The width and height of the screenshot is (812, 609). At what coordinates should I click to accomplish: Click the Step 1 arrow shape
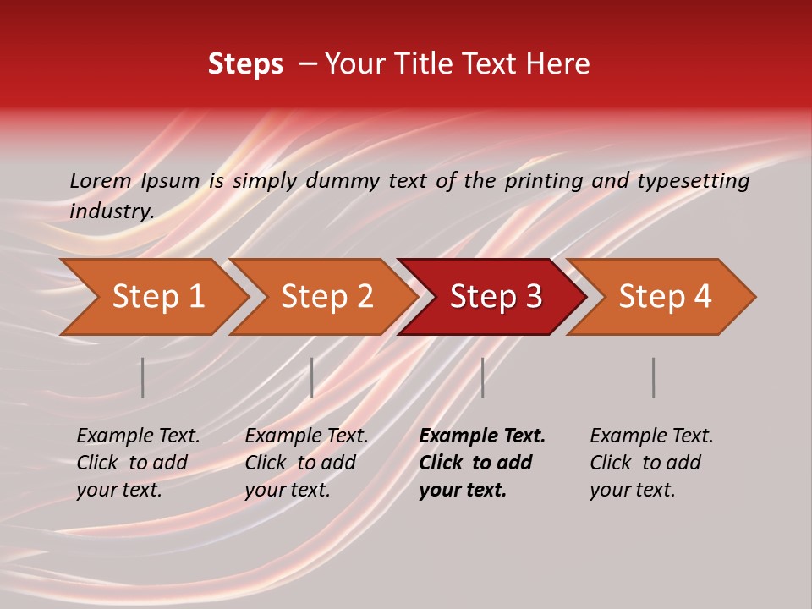pyautogui.click(x=157, y=297)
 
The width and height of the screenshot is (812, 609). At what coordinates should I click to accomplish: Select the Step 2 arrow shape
pyautogui.click(x=326, y=297)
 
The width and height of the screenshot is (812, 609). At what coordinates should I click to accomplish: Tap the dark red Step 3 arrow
pyautogui.click(x=495, y=297)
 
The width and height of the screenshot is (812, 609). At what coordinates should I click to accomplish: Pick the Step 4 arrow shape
pyautogui.click(x=664, y=297)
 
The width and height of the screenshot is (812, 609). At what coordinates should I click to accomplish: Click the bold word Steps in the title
pyautogui.click(x=245, y=64)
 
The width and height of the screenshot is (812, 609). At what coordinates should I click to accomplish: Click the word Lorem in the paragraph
pyautogui.click(x=100, y=181)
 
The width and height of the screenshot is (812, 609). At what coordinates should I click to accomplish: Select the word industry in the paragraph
pyautogui.click(x=111, y=211)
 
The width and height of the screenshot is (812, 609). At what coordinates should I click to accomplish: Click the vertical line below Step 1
pyautogui.click(x=142, y=377)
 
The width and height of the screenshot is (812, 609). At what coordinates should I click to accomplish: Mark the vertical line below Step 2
pyautogui.click(x=312, y=377)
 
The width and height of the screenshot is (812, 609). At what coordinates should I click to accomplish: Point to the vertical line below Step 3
pyautogui.click(x=482, y=377)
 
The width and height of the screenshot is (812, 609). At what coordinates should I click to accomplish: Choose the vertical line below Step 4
pyautogui.click(x=653, y=377)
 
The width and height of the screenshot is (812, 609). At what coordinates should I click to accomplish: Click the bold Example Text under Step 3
pyautogui.click(x=482, y=436)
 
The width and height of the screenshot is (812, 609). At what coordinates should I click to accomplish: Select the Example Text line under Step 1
pyautogui.click(x=138, y=436)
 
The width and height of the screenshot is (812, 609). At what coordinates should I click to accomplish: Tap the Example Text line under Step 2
pyautogui.click(x=306, y=436)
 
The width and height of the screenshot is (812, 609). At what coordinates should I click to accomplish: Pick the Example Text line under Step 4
pyautogui.click(x=651, y=436)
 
